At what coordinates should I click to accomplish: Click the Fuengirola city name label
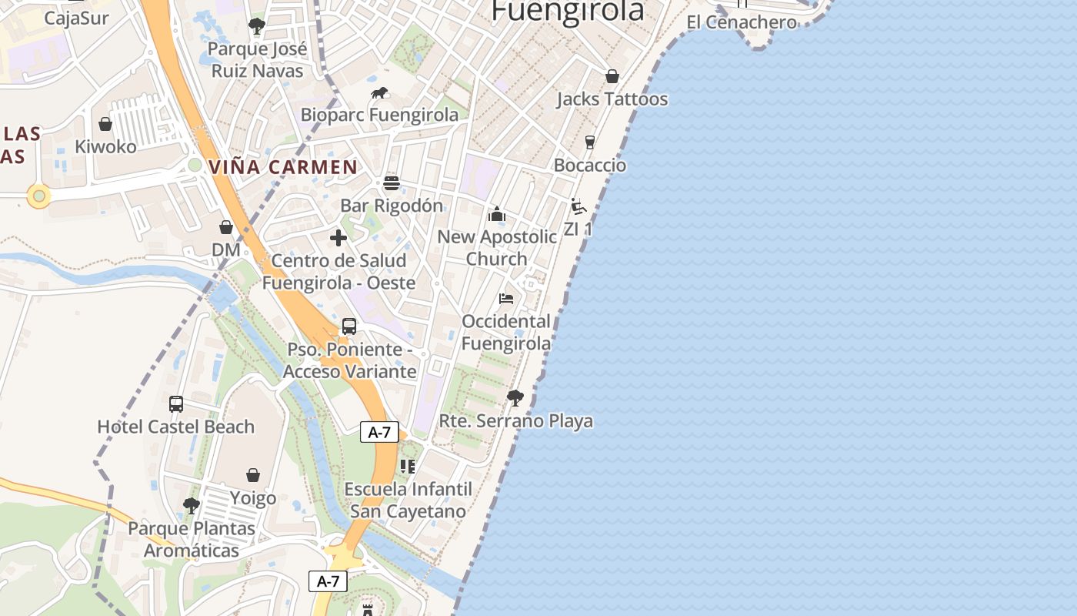[x=567, y=11]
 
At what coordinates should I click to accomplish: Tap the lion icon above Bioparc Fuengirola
[x=379, y=93]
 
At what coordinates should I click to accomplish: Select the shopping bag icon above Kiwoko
[x=105, y=124]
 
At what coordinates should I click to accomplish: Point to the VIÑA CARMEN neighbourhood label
[x=283, y=167]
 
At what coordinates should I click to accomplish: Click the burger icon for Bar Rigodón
[x=392, y=183]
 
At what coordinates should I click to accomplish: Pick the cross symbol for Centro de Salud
[x=338, y=238]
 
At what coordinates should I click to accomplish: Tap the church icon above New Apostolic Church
[x=497, y=214]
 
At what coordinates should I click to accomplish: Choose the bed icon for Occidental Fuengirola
[x=506, y=299]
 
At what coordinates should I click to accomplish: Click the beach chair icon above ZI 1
[x=579, y=206]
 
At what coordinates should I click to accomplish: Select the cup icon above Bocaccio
[x=590, y=142]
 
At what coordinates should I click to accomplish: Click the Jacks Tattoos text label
[x=612, y=99]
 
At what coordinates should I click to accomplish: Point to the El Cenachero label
[x=741, y=22]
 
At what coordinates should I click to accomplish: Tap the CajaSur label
[x=77, y=18]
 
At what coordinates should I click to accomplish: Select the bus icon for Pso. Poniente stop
[x=349, y=326]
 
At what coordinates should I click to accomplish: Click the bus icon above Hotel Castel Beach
[x=176, y=403]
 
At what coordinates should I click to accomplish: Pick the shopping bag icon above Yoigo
[x=253, y=475]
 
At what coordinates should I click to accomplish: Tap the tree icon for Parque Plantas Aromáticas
[x=192, y=506]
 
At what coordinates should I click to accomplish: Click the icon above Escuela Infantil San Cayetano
[x=408, y=466]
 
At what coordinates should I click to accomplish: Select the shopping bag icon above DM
[x=226, y=227]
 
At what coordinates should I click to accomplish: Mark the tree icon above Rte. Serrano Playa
[x=515, y=398]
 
